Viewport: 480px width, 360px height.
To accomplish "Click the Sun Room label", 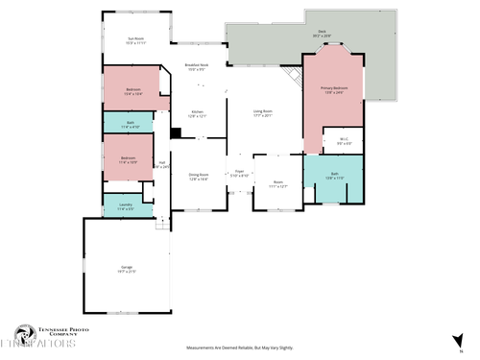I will click(x=136, y=40).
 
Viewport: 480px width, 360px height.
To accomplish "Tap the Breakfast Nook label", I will click(x=196, y=67).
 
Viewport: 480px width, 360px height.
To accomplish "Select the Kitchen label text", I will click(x=198, y=114).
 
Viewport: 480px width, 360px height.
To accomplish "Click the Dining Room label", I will click(x=199, y=177).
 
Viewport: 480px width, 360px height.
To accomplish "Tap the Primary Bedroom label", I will click(x=334, y=89).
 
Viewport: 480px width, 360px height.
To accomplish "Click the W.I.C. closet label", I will click(x=344, y=141).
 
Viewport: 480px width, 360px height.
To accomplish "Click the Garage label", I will click(x=127, y=269).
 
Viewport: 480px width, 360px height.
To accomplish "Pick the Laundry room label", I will click(x=126, y=205).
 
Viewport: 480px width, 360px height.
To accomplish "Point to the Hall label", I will click(x=163, y=165).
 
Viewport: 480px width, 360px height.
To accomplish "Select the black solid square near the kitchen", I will click(x=176, y=133).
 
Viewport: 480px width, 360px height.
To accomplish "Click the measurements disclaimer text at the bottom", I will click(x=240, y=348).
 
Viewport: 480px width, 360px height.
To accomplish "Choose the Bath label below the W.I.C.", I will click(x=335, y=179).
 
